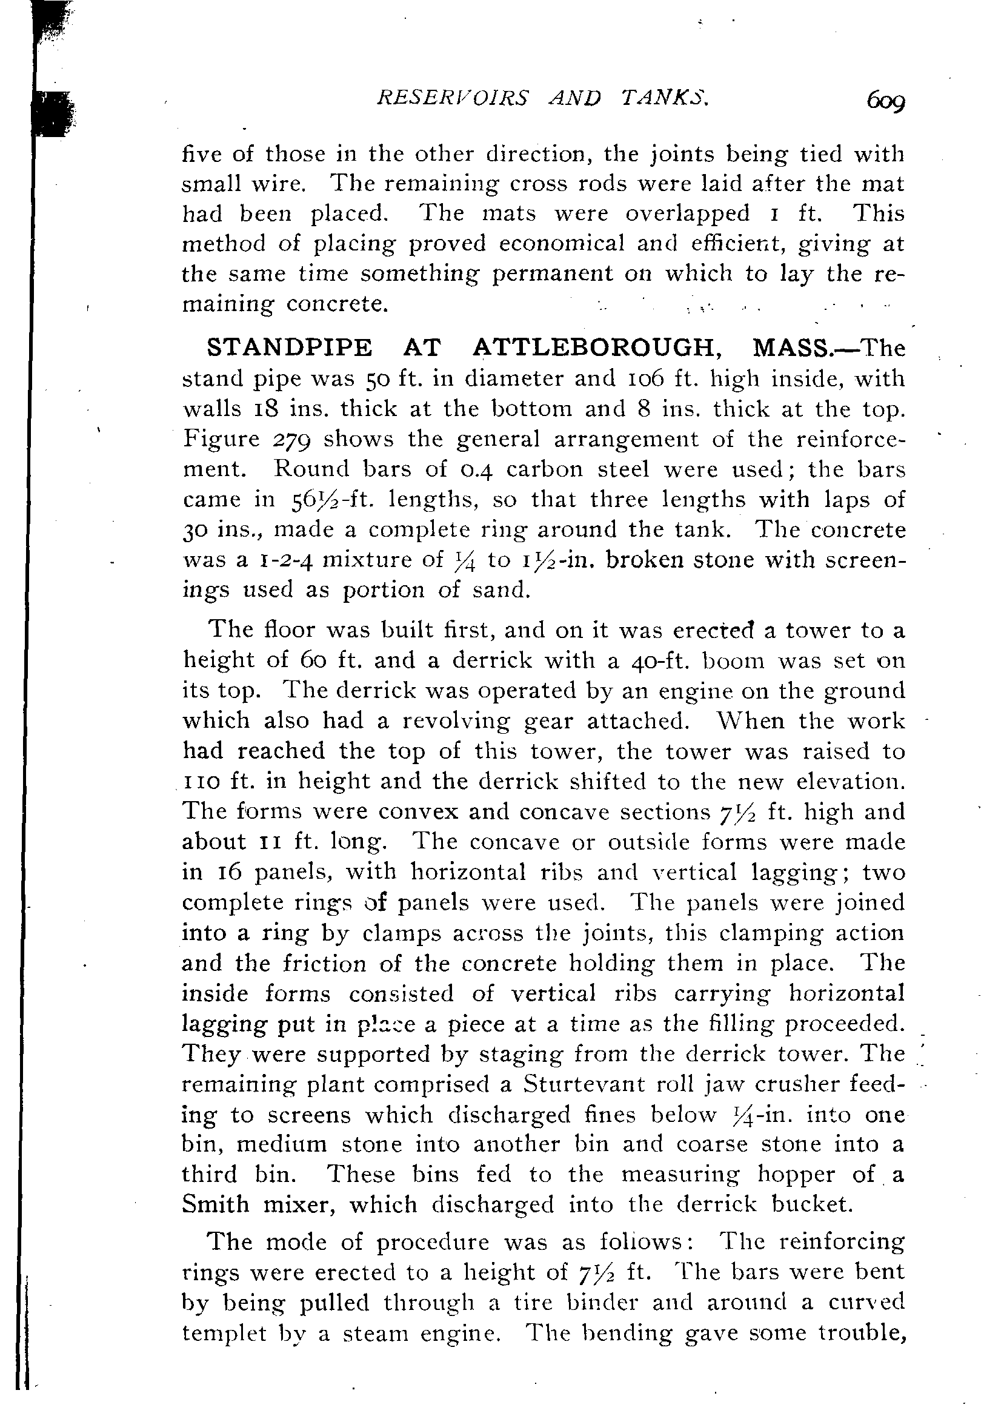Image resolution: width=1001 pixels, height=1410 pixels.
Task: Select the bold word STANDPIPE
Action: click(290, 348)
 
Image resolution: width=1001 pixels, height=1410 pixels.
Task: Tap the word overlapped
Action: click(688, 213)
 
